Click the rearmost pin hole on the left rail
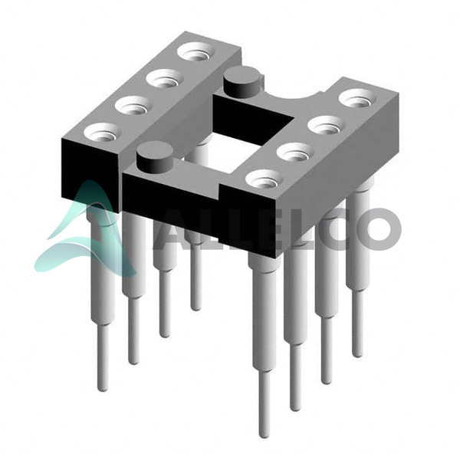(196, 51)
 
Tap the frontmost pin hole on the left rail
(102, 133)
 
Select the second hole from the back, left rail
(165, 79)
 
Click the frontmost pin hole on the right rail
(264, 180)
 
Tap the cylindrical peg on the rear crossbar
(242, 81)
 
